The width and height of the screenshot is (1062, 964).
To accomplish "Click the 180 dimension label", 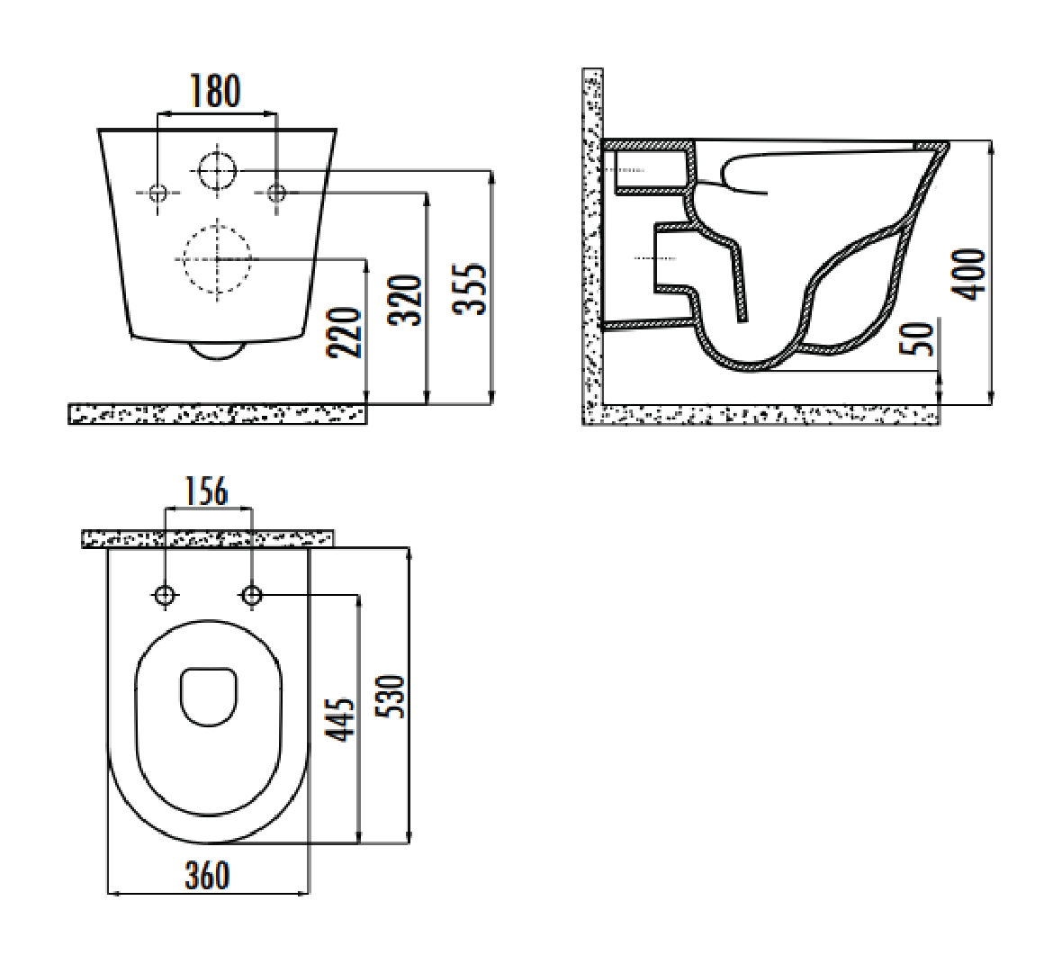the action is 215,92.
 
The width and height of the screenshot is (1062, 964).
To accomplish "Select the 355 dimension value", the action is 470,288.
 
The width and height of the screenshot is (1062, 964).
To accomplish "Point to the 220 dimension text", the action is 345,333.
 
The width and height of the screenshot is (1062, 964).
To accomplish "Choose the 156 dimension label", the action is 207,491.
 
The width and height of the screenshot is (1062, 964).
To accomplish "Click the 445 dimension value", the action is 341,719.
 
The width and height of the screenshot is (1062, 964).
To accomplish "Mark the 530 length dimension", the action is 392,697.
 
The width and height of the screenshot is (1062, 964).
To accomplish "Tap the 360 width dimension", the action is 207,875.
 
